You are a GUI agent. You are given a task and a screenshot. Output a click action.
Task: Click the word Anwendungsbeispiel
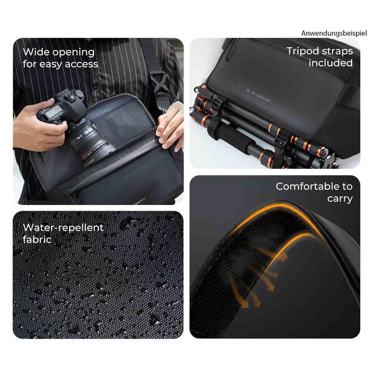point(334,34)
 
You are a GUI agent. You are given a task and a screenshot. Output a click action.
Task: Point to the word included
point(330,63)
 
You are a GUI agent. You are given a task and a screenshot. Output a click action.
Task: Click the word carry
point(340,199)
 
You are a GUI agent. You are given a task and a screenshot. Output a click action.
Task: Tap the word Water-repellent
point(63,228)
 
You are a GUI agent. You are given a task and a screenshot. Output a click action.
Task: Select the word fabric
point(37,239)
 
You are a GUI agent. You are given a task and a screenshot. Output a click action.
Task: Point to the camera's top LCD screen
point(54,110)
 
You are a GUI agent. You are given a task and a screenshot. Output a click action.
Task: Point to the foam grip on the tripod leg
point(235,139)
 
